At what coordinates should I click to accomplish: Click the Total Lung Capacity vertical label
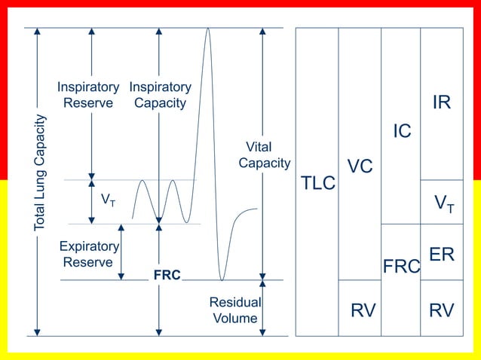coord(40,172)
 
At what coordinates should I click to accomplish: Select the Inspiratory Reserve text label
coord(88,95)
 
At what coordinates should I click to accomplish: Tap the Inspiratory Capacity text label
coord(160,95)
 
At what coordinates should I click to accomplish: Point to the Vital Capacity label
coord(264,154)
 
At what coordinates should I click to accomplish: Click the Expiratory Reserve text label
coord(89,254)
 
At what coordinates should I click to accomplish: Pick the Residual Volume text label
coord(234,310)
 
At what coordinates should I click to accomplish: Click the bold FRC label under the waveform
coord(167,276)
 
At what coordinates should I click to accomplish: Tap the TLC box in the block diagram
coord(317,183)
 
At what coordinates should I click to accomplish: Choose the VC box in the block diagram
coord(360,166)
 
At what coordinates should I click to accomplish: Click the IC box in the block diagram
coord(401,131)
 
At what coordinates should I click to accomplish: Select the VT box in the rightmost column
coord(443,203)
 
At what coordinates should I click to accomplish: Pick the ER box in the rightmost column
coord(442,254)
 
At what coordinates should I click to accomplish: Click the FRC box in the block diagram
coord(400,267)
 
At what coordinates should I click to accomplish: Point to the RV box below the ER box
coord(442,310)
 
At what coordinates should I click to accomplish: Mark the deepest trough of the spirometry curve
coord(222,278)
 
